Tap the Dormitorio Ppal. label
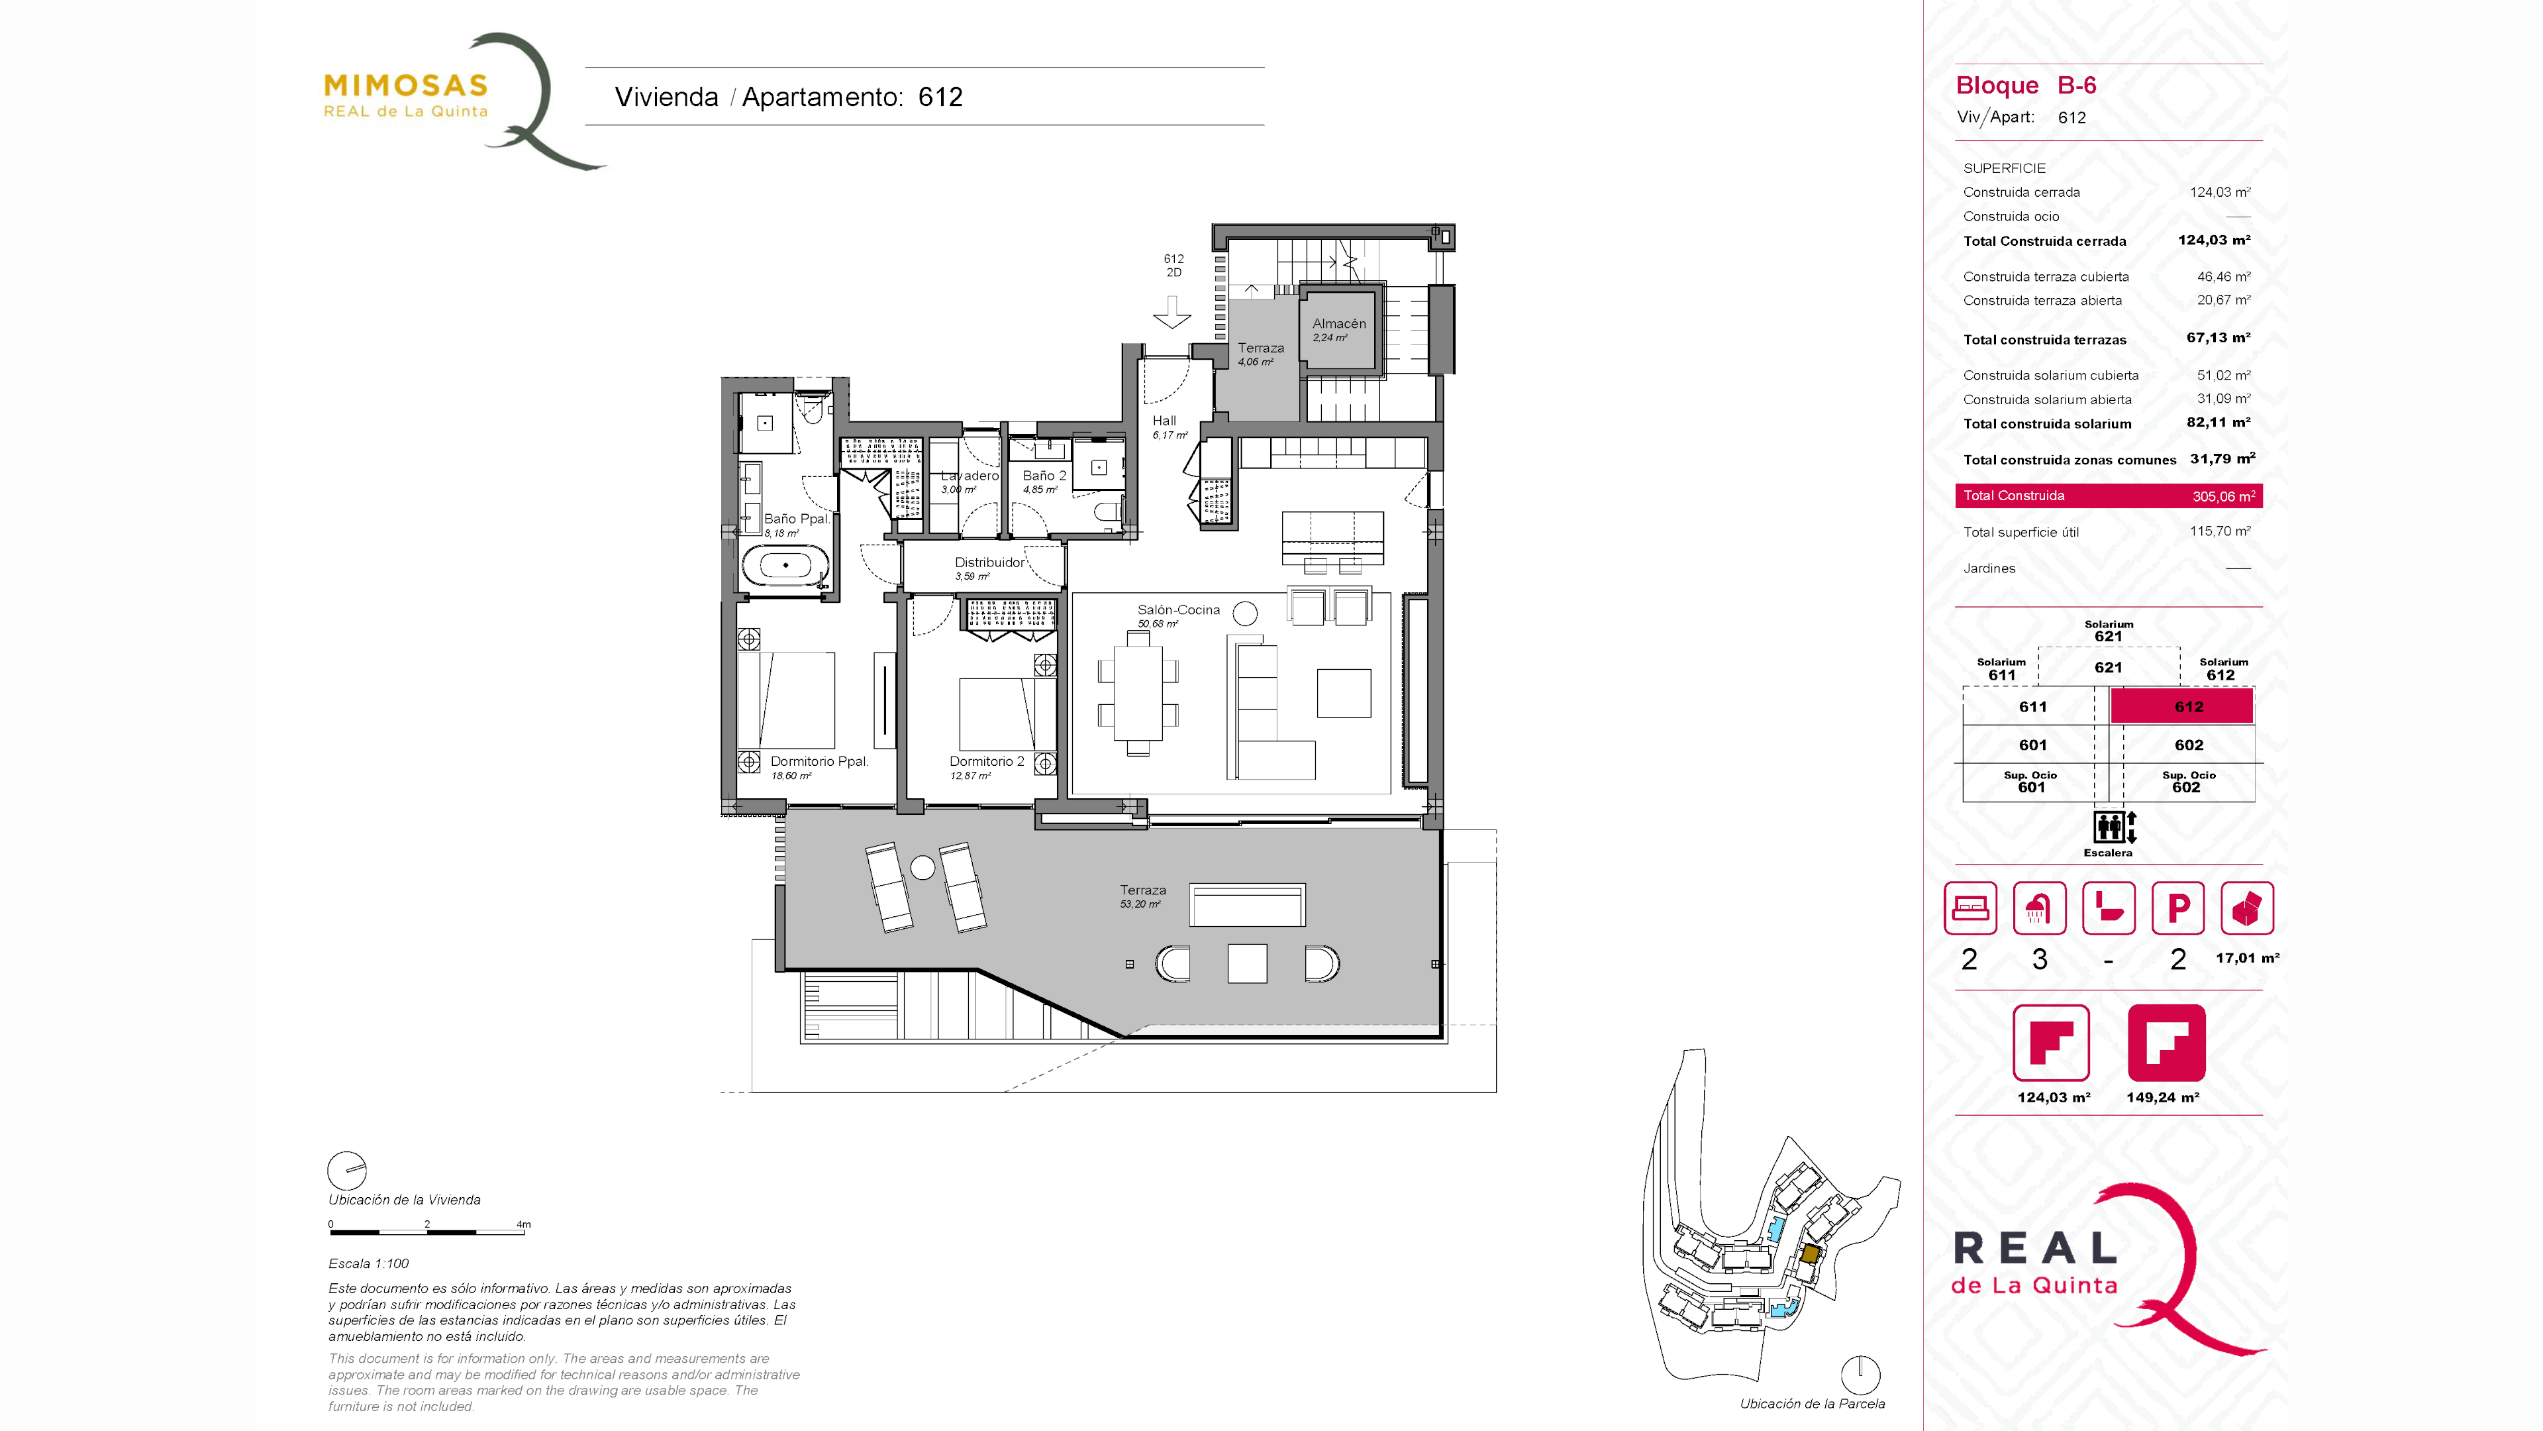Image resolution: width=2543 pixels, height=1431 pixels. pyautogui.click(x=819, y=761)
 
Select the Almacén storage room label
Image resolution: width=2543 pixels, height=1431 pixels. pyautogui.click(x=1338, y=324)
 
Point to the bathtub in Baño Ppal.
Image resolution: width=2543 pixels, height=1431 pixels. pyautogui.click(x=786, y=566)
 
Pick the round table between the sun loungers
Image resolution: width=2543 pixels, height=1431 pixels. pyautogui.click(x=922, y=868)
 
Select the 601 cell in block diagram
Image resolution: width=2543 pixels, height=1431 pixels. pyautogui.click(x=2032, y=745)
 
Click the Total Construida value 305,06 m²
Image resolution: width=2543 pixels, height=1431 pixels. pyautogui.click(x=2223, y=496)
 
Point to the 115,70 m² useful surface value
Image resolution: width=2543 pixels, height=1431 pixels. pyautogui.click(x=2220, y=531)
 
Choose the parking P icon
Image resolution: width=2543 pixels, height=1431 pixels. pyautogui.click(x=2177, y=908)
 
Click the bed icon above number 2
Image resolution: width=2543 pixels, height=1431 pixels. pyautogui.click(x=1970, y=908)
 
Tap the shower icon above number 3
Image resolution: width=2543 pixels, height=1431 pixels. pyautogui.click(x=2038, y=908)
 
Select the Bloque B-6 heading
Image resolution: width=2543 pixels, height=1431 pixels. pyautogui.click(x=2026, y=86)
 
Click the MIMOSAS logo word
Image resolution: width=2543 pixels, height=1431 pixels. pyautogui.click(x=406, y=86)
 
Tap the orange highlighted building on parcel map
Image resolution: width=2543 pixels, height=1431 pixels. pyautogui.click(x=1809, y=1253)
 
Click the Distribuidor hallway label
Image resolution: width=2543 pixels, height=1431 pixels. pyautogui.click(x=989, y=563)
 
